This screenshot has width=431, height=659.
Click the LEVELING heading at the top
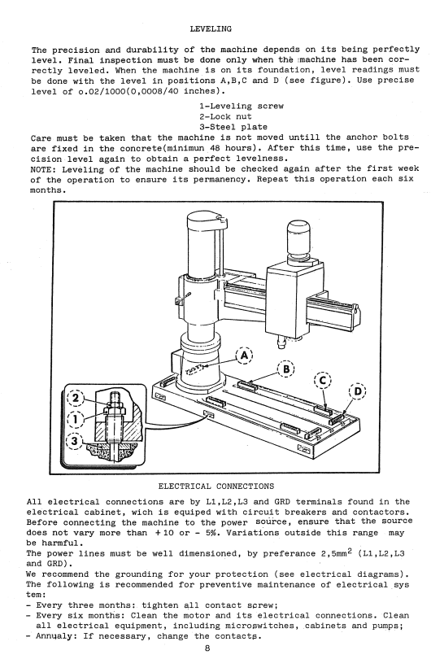point(211,29)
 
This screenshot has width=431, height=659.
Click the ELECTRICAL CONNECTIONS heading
point(216,487)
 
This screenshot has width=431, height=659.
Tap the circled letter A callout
point(244,356)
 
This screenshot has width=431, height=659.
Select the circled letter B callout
point(286,369)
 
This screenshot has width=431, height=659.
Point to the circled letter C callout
point(323,381)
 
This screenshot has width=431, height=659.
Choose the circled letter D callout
point(358,391)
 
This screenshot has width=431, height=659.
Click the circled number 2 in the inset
point(76,398)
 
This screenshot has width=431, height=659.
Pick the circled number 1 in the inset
point(76,419)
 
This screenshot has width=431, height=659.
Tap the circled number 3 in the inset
point(75,441)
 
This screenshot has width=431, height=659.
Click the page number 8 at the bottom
point(207,648)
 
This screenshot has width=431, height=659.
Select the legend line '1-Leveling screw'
point(242,107)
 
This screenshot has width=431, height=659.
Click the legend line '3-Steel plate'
point(233,127)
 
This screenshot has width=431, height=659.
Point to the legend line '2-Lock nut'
point(225,117)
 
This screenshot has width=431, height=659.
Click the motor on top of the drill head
point(298,242)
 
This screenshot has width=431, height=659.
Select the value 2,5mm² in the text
point(336,552)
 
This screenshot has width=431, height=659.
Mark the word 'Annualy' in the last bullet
point(54,636)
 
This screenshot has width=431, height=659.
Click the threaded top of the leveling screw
point(115,397)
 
